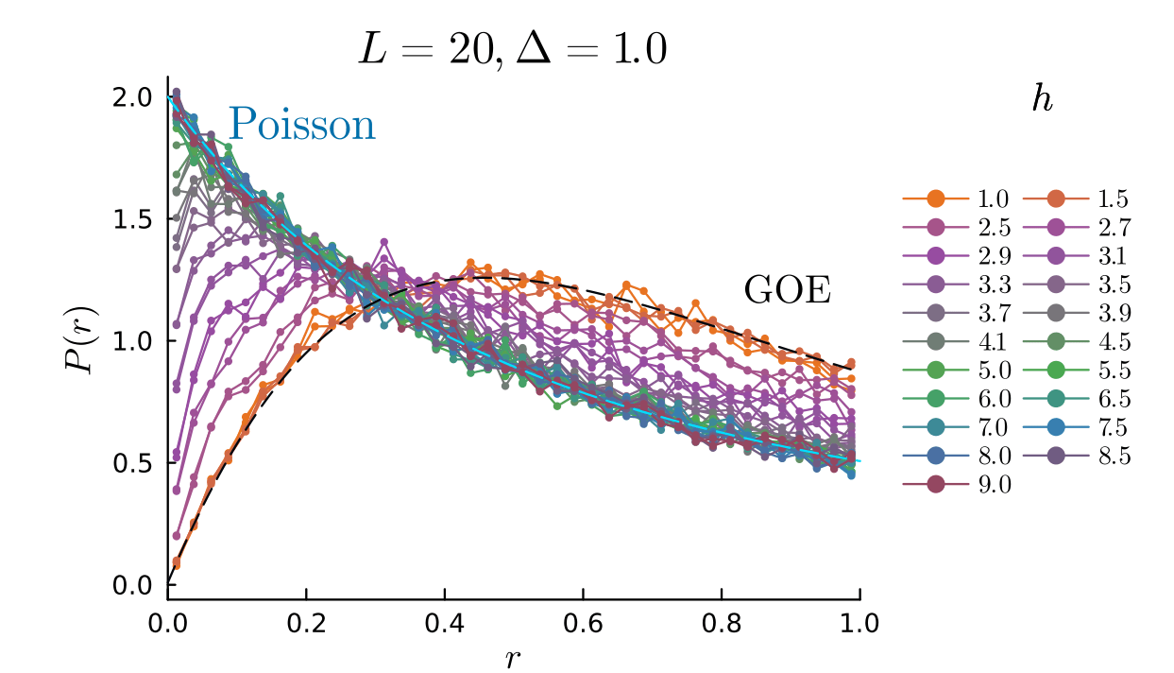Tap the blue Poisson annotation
click(x=302, y=124)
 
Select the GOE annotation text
click(x=788, y=290)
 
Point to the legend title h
click(x=1042, y=101)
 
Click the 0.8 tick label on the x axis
click(x=722, y=623)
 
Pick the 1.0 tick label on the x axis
click(x=859, y=623)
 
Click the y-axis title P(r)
click(x=82, y=340)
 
